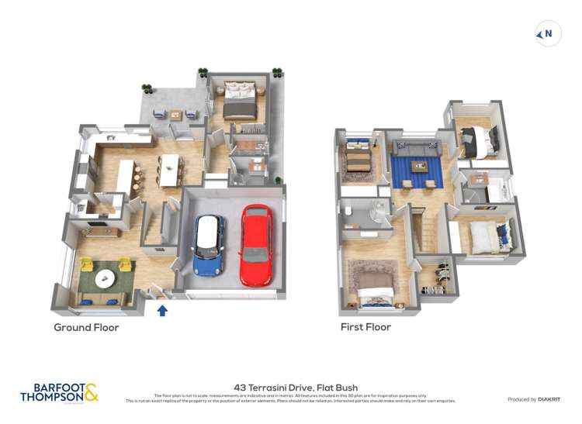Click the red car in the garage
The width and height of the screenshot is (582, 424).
coord(255,244)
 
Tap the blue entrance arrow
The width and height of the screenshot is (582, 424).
coord(162,311)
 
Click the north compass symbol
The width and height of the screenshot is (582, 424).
coord(548,33)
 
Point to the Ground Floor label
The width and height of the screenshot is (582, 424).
coord(86,328)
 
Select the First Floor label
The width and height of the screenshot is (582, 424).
coord(365,327)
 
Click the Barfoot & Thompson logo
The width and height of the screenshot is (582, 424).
coord(60,392)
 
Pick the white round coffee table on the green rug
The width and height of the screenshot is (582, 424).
coord(104,276)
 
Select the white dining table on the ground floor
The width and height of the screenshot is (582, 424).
coord(169,169)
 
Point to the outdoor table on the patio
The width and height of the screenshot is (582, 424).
coord(176,115)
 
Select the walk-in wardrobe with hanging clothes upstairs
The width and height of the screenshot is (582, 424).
coord(438,275)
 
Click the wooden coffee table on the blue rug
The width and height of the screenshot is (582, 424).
coord(419,165)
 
